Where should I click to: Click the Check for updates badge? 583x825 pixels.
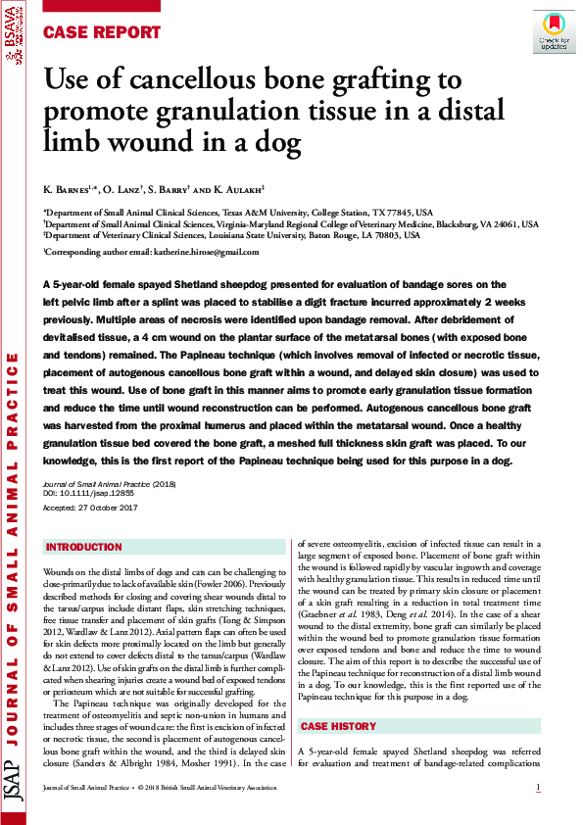click(x=554, y=31)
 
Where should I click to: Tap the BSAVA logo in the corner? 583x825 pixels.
click(x=13, y=40)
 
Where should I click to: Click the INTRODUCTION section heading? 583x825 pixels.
click(x=84, y=547)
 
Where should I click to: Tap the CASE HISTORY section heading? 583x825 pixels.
click(x=338, y=727)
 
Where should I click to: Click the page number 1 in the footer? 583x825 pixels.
click(x=538, y=788)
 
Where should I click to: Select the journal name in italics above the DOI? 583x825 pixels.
click(x=95, y=485)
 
